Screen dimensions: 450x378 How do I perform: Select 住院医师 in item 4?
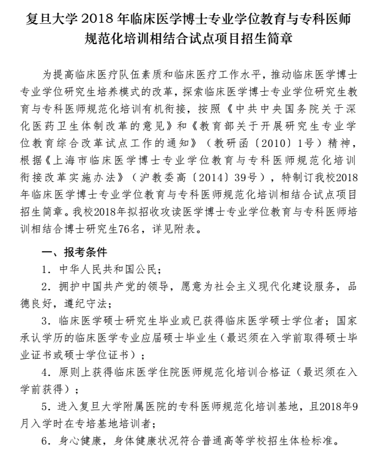[171, 372]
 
